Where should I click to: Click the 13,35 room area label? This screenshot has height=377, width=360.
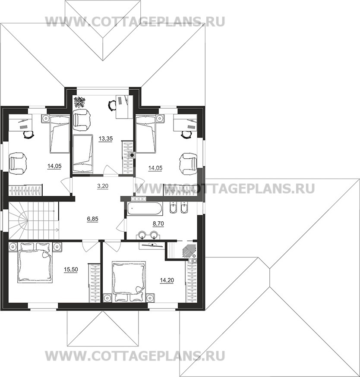tap(106, 139)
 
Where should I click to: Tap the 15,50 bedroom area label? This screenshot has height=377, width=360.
tap(71, 270)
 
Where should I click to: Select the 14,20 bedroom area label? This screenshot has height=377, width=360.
tap(167, 280)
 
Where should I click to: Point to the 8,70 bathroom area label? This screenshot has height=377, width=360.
tap(158, 223)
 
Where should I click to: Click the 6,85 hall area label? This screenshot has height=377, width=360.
tap(93, 219)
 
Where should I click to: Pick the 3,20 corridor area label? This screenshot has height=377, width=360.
tap(103, 186)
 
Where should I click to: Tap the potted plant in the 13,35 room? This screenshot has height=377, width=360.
tap(79, 102)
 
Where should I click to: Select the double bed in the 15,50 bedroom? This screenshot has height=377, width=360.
tap(35, 263)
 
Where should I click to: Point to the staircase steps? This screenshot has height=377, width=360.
tap(34, 220)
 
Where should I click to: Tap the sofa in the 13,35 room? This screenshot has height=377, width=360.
tap(83, 154)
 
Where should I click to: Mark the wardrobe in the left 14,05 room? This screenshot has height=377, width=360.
tap(26, 190)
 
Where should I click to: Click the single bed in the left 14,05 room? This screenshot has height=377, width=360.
tap(60, 134)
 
